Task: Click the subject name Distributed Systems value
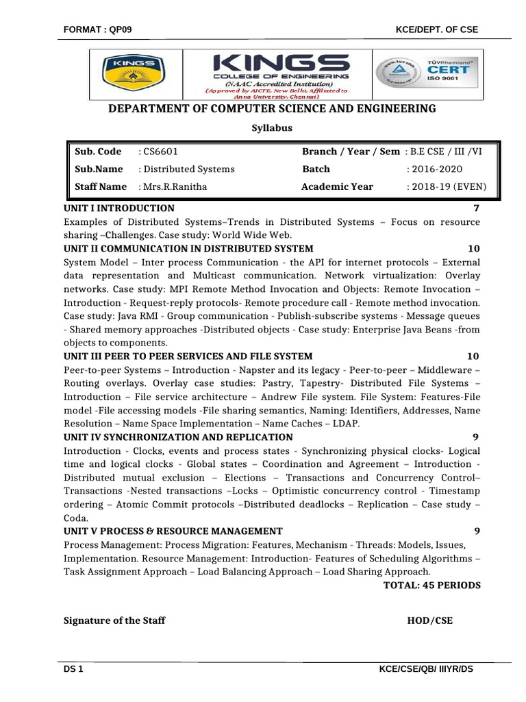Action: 188,169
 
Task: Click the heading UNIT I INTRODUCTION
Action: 118,208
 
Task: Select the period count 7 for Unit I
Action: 476,208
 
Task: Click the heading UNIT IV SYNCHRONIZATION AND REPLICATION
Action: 178,437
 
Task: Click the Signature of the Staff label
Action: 114,621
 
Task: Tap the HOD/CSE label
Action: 429,621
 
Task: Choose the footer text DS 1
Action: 73,669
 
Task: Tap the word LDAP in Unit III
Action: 346,424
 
